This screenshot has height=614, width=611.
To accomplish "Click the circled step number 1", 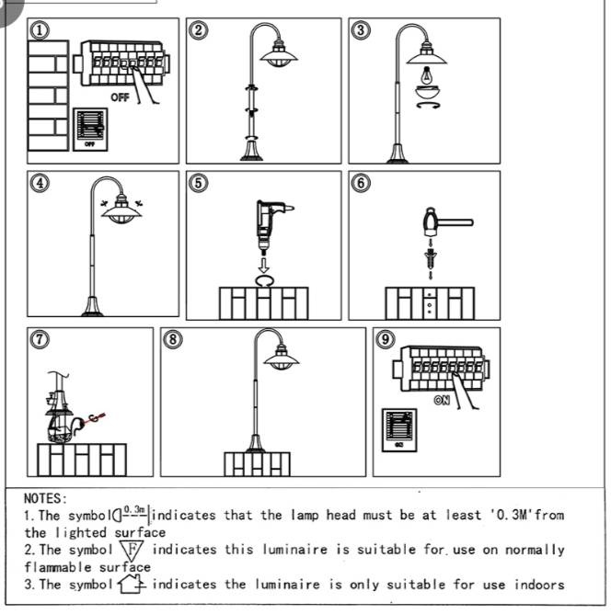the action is coord(40,31).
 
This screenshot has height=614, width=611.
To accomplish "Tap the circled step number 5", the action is coord(199,183).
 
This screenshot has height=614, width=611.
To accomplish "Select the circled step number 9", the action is coord(385,339).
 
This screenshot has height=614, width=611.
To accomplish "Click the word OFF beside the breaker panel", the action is coord(120,97).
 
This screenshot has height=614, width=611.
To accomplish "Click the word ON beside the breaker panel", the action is coord(442,400).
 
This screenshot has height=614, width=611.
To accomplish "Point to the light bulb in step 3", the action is coord(427,75).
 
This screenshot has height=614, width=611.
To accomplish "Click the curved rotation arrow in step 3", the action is coord(428,105).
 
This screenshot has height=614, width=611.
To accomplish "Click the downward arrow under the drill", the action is coord(264,265).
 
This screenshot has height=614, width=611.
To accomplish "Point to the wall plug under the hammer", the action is coord(431,256).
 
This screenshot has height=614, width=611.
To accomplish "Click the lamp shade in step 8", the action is coord(281,358).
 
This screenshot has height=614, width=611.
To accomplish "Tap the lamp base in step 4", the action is coord(92,307).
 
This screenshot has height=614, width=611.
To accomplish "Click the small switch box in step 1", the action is coord(90,130).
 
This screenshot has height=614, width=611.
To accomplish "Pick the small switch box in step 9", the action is coord(399,430).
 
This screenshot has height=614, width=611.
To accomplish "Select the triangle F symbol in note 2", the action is coord(133,551).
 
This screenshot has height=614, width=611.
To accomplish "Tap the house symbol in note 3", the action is coord(132,584).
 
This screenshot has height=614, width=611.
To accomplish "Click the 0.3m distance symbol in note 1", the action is coord(132,514).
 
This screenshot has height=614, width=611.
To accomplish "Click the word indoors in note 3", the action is coord(539,585).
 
